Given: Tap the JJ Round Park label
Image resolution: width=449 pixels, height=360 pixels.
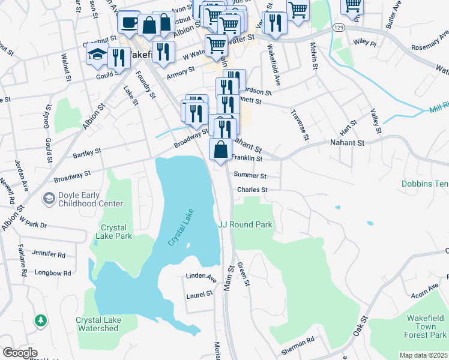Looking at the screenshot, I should click(x=245, y=224).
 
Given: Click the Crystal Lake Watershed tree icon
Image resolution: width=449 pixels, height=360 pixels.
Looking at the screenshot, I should click(x=41, y=321).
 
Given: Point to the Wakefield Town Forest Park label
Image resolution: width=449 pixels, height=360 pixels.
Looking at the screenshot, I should click(x=424, y=326).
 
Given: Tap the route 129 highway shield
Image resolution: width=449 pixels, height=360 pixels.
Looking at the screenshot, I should click(x=339, y=28).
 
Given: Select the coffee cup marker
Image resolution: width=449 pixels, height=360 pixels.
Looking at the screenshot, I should click(x=128, y=23).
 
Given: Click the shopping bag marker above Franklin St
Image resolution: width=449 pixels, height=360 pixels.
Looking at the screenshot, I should click(x=221, y=149).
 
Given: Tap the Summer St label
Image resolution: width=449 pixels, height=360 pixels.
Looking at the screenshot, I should click(x=250, y=175).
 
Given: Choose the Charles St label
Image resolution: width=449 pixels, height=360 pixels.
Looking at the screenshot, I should click(x=252, y=190).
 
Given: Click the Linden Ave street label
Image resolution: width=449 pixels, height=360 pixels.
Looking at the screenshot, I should click(x=203, y=279).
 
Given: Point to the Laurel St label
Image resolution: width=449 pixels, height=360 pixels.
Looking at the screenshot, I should click(x=200, y=294).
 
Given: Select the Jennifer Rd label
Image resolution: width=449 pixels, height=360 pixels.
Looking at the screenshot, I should click(x=49, y=254).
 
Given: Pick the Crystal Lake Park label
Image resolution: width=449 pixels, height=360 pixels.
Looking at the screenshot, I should click(x=116, y=232).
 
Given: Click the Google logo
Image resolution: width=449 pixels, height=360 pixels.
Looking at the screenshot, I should click(x=19, y=353).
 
